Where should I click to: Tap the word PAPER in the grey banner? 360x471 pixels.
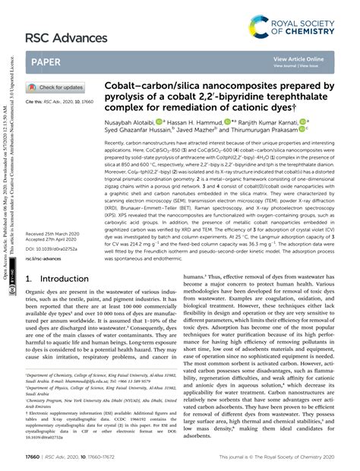48,62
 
